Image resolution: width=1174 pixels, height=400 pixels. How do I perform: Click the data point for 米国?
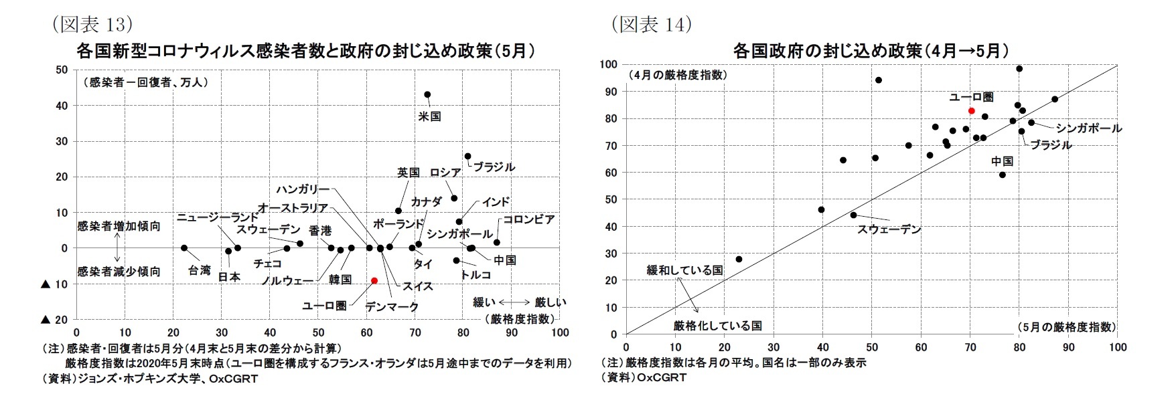click(x=427, y=94)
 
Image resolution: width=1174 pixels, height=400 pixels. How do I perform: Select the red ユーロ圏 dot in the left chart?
click(x=374, y=280)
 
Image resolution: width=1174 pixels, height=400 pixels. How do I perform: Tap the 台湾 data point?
click(x=184, y=247)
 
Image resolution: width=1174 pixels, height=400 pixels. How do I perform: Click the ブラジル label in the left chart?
click(x=494, y=167)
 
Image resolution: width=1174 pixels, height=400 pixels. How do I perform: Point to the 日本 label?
click(x=229, y=276)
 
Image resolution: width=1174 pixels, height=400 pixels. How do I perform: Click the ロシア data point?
click(x=454, y=198)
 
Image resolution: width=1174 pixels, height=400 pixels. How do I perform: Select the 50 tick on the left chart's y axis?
click(x=62, y=70)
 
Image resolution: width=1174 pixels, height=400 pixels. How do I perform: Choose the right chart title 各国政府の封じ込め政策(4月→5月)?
click(x=871, y=51)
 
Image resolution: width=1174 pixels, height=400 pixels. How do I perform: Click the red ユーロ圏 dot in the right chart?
click(x=971, y=110)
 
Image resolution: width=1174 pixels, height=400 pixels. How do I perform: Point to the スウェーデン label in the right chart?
click(x=889, y=229)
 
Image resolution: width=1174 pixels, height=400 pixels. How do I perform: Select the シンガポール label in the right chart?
click(x=1088, y=128)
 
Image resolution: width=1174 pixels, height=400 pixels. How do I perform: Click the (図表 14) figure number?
click(x=651, y=25)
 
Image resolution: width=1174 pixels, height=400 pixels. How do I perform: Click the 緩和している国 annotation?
click(x=684, y=270)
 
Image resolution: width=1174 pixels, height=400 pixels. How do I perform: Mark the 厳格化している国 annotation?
click(x=717, y=326)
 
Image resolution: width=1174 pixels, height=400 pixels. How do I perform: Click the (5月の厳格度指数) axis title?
click(x=1066, y=327)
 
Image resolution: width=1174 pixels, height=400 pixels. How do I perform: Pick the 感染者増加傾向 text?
click(x=119, y=226)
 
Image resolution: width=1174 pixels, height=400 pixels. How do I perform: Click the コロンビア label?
click(x=528, y=219)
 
